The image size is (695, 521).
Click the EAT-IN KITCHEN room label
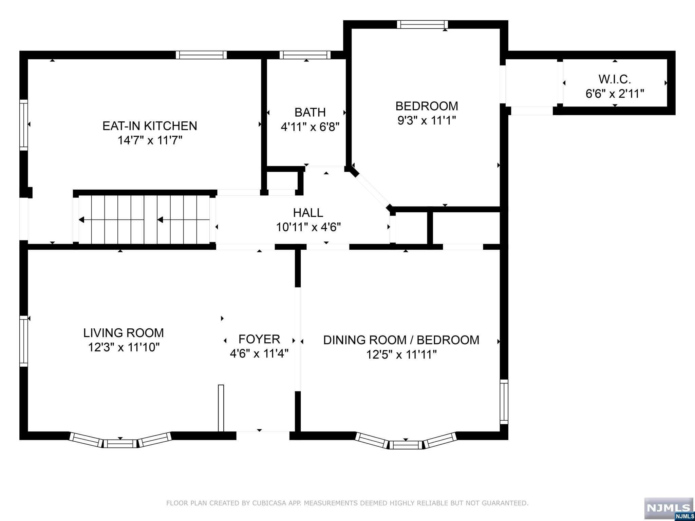[150, 126]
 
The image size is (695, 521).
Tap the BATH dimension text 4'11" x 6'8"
[310, 127]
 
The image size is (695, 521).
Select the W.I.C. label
[615, 79]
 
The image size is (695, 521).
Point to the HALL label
[308, 213]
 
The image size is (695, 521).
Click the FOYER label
[259, 339]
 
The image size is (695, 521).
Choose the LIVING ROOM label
[124, 333]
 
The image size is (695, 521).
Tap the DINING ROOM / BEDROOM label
[401, 340]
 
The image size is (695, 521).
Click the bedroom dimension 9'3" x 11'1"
[427, 120]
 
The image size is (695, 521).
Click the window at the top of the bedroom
[422, 24]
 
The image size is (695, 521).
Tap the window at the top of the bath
[305, 55]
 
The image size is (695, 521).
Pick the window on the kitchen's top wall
[201, 55]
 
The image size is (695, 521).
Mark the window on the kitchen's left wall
[23, 125]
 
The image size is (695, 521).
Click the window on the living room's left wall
[23, 341]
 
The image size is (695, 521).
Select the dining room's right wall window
[504, 402]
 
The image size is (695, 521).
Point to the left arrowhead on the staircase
[81, 220]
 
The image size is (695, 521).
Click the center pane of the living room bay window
[120, 443]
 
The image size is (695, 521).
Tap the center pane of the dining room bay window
[406, 444]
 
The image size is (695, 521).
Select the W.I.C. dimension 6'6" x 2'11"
[615, 94]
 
